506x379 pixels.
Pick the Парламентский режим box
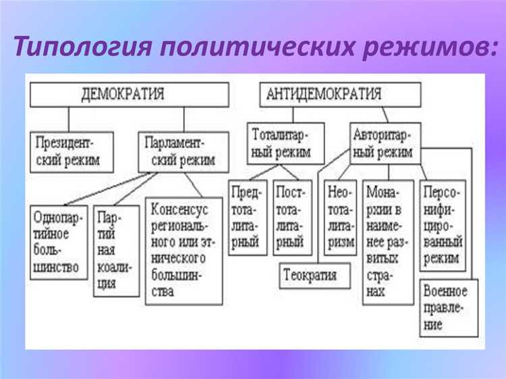(177, 151)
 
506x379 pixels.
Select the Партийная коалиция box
(115, 251)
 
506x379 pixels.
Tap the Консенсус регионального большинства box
(184, 249)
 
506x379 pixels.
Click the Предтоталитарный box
(248, 216)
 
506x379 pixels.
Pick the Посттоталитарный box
(292, 216)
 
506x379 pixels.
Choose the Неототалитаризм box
(340, 217)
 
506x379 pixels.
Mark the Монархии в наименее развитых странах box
(387, 241)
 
